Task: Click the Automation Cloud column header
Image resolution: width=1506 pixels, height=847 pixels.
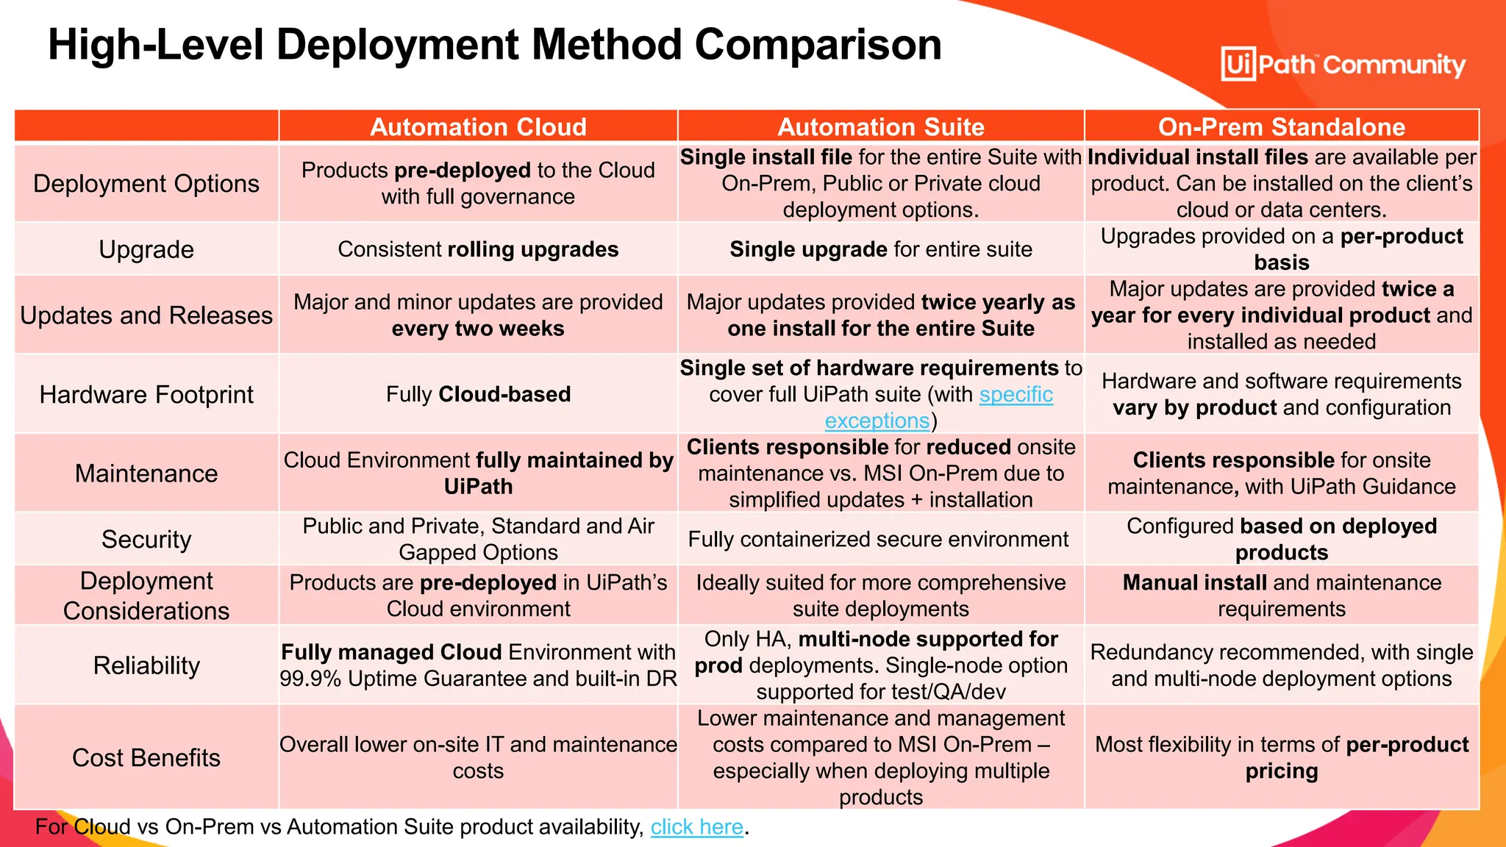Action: pos(478,126)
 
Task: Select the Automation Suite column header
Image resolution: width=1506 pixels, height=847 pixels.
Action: pos(880,126)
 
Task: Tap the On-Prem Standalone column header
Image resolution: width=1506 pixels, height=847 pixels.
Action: pos(1281,126)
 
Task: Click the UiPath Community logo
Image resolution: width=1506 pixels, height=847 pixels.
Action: pos(1343,65)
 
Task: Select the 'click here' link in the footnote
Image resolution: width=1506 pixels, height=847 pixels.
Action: pos(696,826)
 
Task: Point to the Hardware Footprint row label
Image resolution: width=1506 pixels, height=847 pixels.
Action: pos(146,395)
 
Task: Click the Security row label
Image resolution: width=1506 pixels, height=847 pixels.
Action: pos(146,539)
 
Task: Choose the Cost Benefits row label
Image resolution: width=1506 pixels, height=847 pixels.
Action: pos(146,757)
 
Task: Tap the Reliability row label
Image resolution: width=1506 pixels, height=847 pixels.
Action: pos(146,665)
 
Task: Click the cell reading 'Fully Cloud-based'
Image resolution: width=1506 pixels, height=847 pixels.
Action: pos(478,395)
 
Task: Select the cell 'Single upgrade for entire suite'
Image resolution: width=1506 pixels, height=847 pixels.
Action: pos(880,249)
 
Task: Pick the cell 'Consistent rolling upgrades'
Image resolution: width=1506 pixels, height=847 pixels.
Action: pos(478,249)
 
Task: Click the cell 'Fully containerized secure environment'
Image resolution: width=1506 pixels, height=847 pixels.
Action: pos(878,539)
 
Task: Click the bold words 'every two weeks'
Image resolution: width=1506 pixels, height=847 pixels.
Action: pos(478,329)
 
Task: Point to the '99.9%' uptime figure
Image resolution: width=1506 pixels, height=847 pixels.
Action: pos(310,679)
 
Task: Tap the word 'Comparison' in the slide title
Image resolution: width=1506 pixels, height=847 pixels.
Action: pos(818,44)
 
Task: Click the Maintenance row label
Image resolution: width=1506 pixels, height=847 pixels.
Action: pos(146,473)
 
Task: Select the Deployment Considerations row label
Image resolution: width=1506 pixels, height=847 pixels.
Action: pos(146,596)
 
